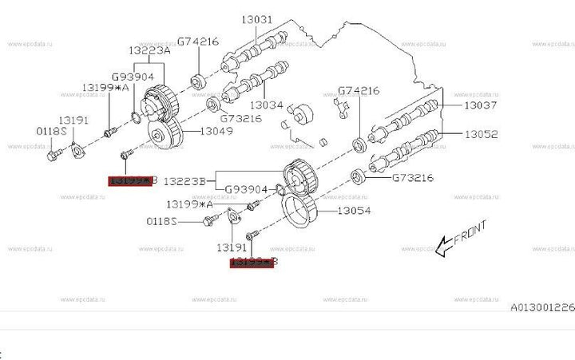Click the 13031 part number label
[255, 19]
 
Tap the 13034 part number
[267, 105]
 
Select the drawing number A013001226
[543, 307]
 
